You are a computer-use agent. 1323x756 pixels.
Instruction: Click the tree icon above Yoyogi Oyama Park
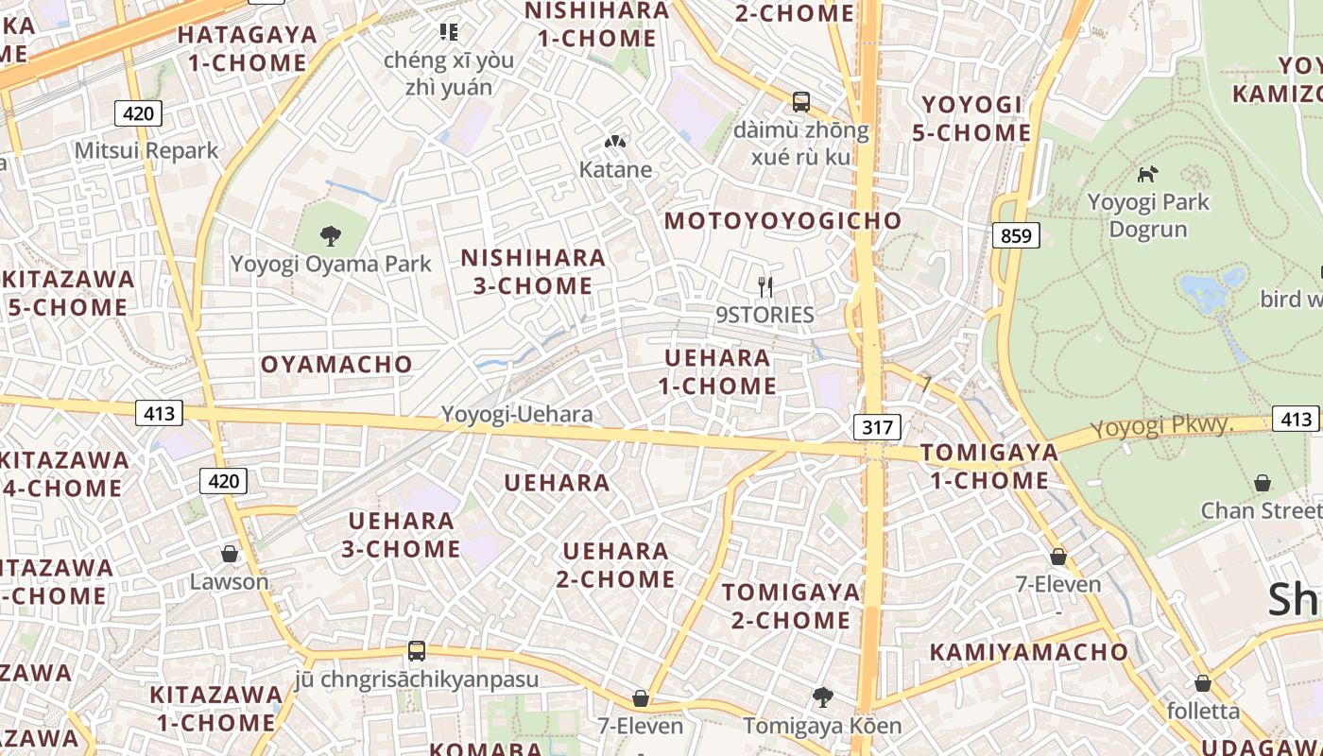(x=331, y=235)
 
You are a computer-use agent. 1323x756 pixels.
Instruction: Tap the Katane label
(x=615, y=170)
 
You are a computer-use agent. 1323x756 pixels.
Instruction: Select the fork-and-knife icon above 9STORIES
(x=765, y=286)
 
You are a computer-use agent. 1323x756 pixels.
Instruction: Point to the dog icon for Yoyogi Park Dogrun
(x=1147, y=174)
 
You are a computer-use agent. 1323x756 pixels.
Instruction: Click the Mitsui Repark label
(x=146, y=150)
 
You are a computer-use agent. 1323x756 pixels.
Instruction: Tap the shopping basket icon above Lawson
(x=229, y=554)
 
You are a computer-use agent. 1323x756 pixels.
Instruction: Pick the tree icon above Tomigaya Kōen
(x=823, y=697)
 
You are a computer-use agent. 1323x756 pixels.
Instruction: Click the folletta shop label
(x=1203, y=711)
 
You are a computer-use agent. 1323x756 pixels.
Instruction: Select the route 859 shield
(x=1016, y=235)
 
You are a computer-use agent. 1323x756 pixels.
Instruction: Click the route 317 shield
(x=877, y=427)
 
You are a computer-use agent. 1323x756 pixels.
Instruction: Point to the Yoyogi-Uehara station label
(x=517, y=414)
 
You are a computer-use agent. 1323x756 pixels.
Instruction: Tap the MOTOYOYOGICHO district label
(x=783, y=221)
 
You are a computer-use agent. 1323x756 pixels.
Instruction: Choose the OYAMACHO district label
(x=336, y=364)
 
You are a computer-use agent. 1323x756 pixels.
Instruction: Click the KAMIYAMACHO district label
(x=1029, y=652)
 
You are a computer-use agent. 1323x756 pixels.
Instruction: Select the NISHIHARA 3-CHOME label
(x=533, y=271)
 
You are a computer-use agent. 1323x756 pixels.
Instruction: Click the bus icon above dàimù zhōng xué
(x=800, y=102)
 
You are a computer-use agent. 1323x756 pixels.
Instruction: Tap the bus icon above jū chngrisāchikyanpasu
(x=416, y=650)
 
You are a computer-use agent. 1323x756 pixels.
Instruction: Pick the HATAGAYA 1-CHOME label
(x=248, y=49)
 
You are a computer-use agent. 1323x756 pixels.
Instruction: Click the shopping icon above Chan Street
(x=1263, y=484)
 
